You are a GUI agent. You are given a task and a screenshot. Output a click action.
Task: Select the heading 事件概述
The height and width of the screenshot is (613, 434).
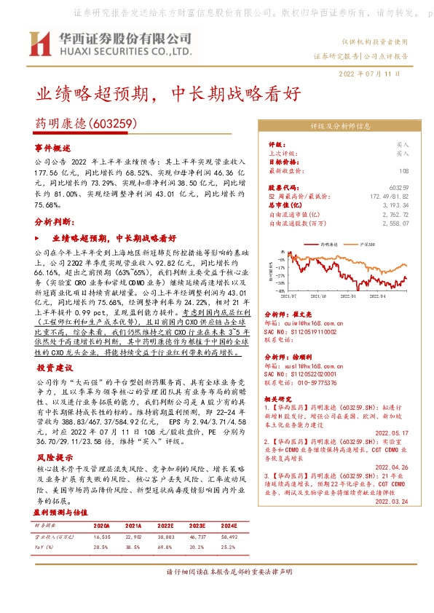51,147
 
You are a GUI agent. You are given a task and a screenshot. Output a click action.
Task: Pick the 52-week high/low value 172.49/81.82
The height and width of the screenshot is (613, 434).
389,197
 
